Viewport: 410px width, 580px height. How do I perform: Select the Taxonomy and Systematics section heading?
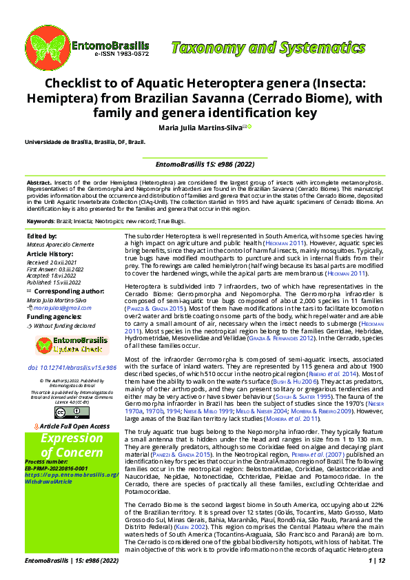[x=272, y=48]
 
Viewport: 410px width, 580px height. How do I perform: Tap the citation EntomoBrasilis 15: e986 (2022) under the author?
[x=204, y=165]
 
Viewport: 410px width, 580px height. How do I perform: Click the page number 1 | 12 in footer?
[x=377, y=561]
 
